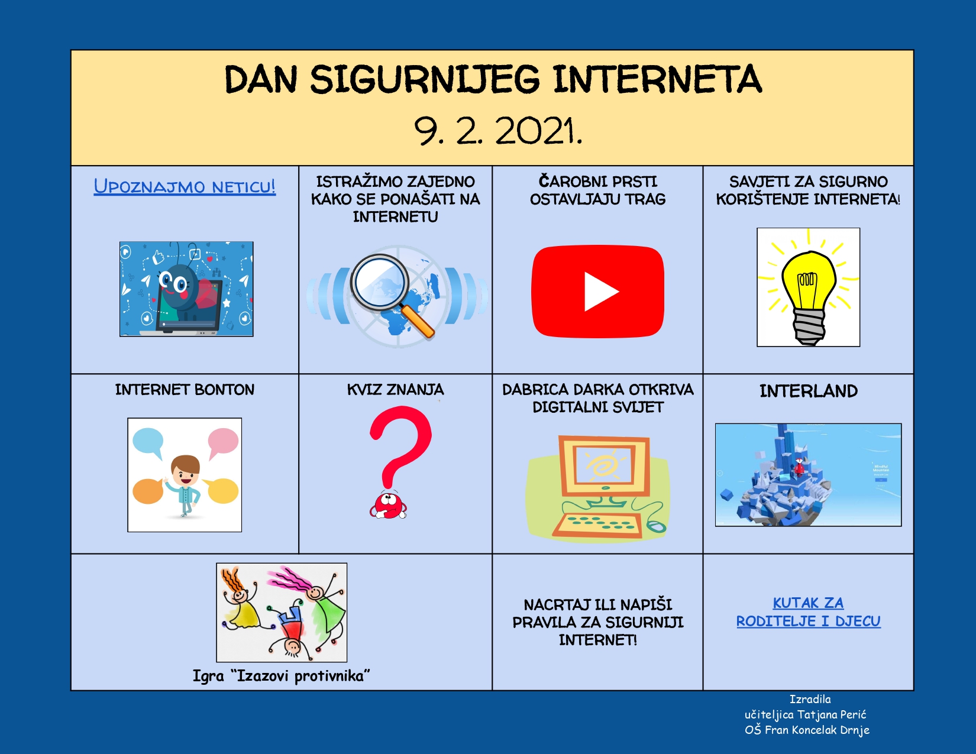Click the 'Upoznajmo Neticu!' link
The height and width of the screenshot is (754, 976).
point(185,186)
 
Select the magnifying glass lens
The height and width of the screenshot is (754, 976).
point(380,283)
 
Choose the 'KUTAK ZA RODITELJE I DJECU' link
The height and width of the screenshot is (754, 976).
point(808,611)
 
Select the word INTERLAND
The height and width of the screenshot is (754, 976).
point(809,391)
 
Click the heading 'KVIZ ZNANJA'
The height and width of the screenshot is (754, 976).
point(395,389)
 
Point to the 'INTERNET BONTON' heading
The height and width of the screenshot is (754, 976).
point(185,389)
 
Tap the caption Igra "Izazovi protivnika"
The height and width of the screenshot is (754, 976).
point(281,676)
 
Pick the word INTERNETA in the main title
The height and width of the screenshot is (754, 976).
point(657,79)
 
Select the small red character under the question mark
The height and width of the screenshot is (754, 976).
point(389,505)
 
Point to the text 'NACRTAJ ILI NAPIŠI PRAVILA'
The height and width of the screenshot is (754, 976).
point(598,613)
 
